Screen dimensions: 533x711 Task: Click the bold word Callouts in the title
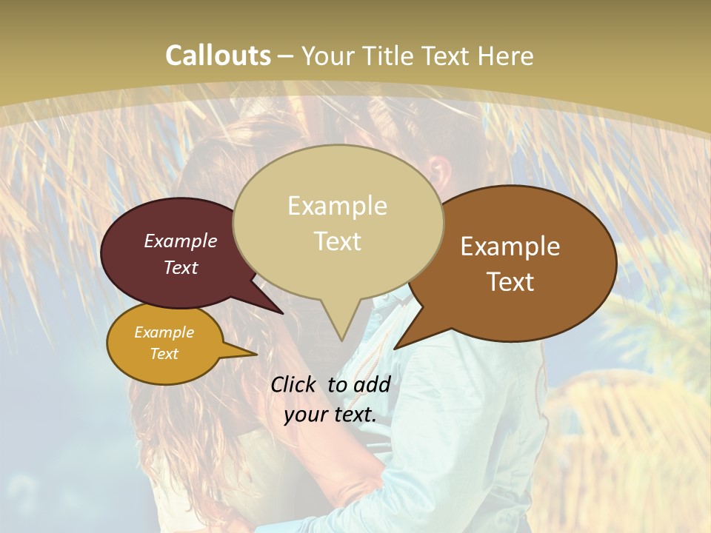218,56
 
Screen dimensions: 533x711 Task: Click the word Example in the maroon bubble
180,241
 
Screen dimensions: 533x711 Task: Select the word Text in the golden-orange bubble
164,354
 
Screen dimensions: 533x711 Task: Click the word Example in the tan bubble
338,206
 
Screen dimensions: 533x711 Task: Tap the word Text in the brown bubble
510,282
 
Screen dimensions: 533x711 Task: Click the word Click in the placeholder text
294,384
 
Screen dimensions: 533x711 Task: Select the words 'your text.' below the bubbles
330,415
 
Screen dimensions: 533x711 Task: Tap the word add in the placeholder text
372,384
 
